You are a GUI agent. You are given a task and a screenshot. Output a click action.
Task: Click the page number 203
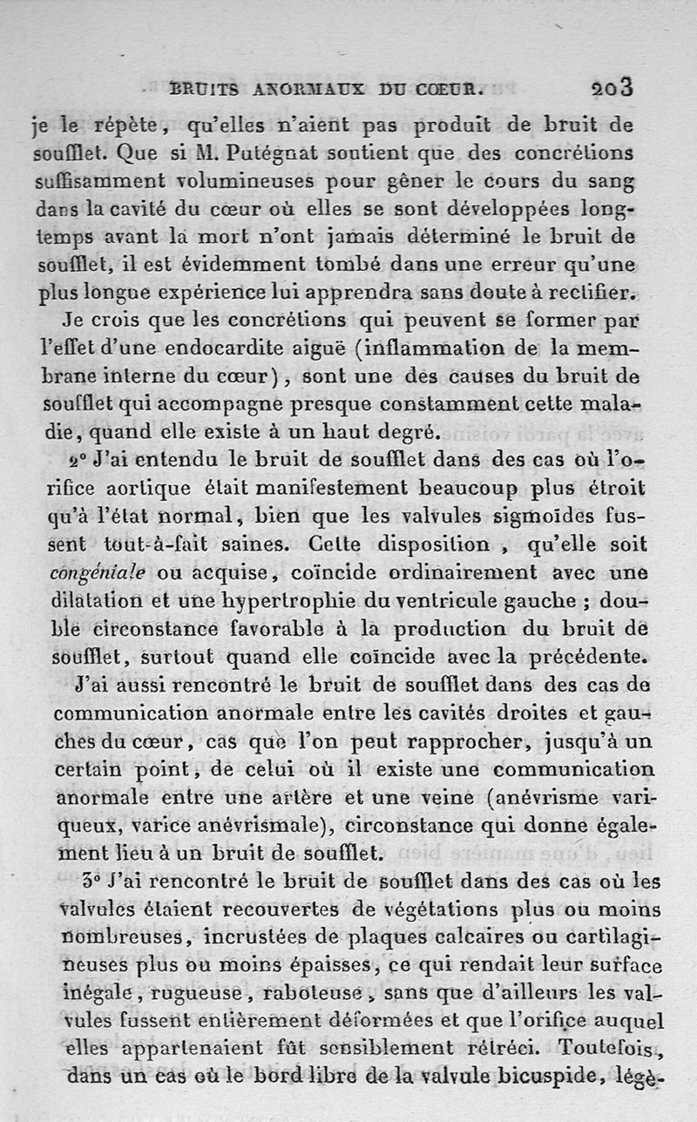(x=612, y=88)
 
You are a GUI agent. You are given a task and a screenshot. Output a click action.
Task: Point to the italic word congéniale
(x=98, y=572)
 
